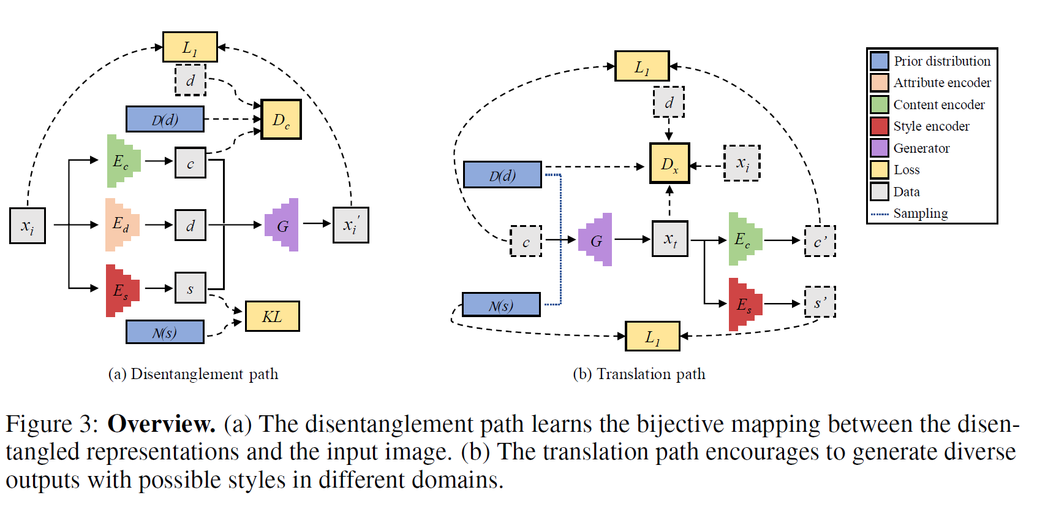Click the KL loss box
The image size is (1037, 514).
[272, 316]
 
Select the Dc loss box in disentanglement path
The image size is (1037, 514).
[281, 120]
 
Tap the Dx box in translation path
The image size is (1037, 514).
[669, 164]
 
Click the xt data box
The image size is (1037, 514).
[670, 239]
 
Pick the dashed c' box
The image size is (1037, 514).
[820, 241]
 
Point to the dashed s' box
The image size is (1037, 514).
[820, 302]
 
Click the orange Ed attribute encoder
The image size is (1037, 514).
[121, 224]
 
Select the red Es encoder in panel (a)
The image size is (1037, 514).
[121, 290]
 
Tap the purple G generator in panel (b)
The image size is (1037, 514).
[596, 240]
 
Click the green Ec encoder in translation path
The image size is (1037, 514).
[744, 239]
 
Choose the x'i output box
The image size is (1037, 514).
[350, 225]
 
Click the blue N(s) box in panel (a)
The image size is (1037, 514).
[165, 332]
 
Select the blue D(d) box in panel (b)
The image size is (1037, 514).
[502, 175]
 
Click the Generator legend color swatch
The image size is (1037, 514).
[879, 148]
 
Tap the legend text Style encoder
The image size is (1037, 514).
[931, 126]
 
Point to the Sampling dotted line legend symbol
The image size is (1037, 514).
[880, 214]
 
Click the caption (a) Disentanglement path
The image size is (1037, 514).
[193, 374]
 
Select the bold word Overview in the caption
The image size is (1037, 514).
[161, 424]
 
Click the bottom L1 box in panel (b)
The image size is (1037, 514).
[652, 336]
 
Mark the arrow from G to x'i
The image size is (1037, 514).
[316, 224]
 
